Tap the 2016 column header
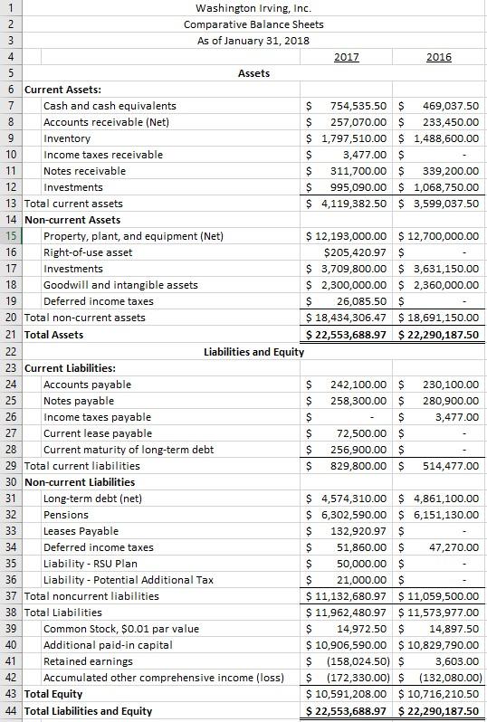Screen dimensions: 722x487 (439, 56)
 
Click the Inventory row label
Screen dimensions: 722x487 (67, 138)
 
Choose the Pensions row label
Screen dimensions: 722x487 (66, 515)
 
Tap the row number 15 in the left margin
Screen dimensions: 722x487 (10, 237)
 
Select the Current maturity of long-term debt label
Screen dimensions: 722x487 (129, 450)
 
